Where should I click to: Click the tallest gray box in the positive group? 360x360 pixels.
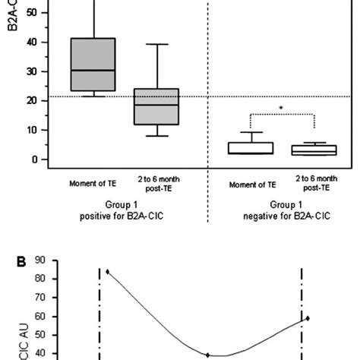tap(93, 64)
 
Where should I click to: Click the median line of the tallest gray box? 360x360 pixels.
tap(93, 70)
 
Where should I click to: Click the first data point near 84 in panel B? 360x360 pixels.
tap(108, 271)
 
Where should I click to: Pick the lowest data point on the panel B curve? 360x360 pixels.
tap(207, 355)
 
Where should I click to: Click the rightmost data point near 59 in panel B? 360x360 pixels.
tap(308, 317)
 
